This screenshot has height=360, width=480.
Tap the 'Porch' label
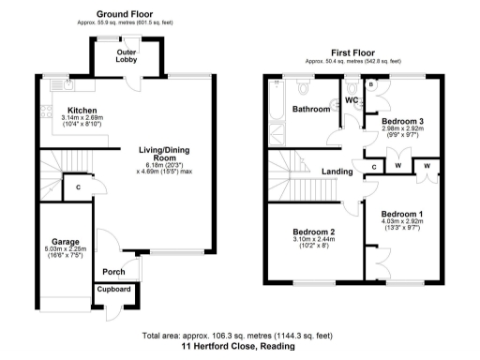[114, 273]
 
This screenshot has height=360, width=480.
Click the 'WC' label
[352, 99]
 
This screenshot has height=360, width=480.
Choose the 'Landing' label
[337, 172]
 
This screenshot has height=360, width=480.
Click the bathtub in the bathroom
[275, 105]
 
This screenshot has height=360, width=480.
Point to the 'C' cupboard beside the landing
[373, 167]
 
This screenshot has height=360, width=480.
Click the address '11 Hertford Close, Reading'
[239, 346]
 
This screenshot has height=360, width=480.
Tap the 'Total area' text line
[239, 336]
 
